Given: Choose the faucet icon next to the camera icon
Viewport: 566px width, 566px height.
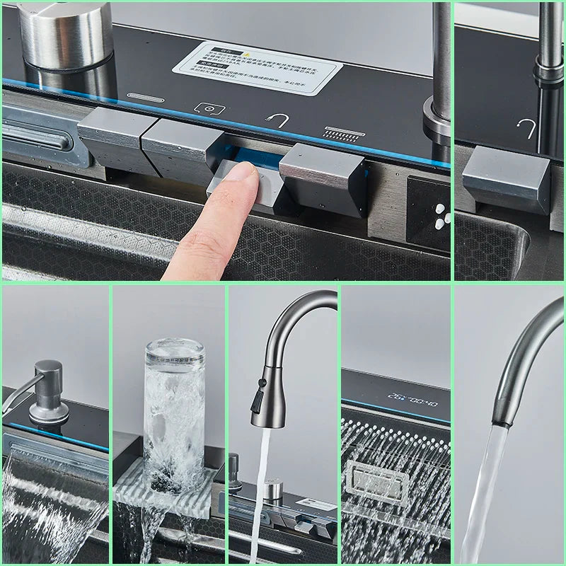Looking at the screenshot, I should click(277, 121).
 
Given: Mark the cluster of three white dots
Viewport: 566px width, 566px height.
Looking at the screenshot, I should click(440, 214).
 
